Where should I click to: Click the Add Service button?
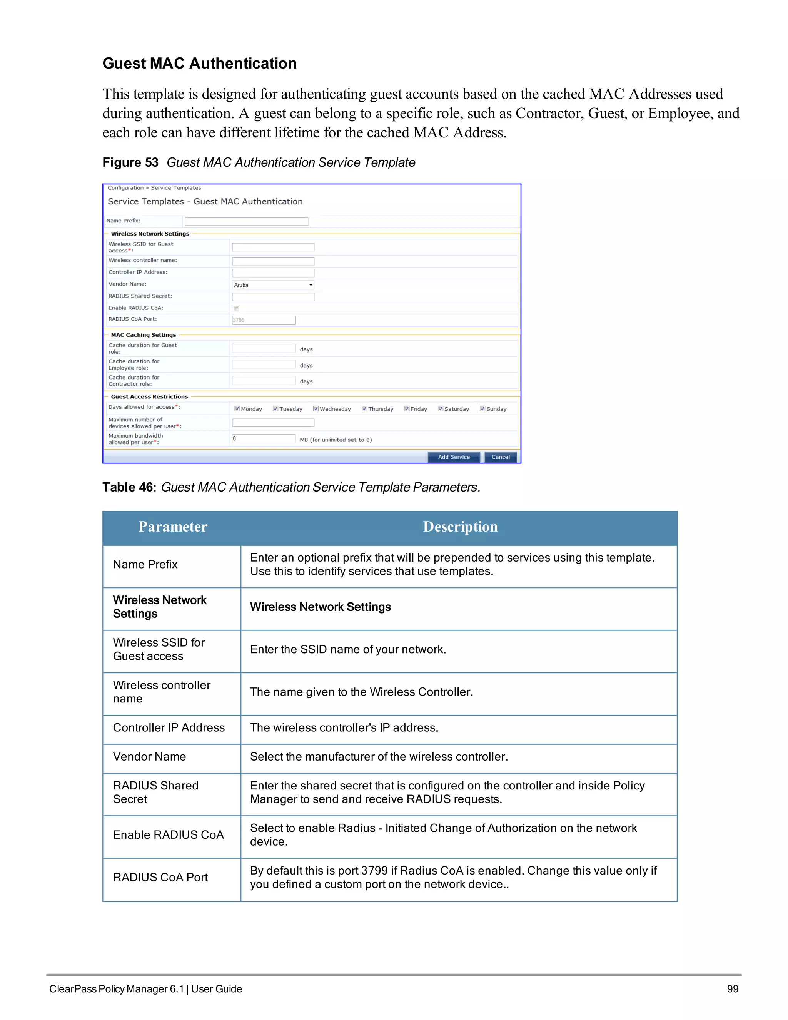pyautogui.click(x=453, y=457)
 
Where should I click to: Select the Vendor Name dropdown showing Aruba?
pyautogui.click(x=273, y=285)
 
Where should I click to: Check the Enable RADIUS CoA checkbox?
pyautogui.click(x=236, y=309)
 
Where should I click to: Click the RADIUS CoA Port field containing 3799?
pyautogui.click(x=264, y=320)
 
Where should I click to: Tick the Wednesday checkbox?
pyautogui.click(x=316, y=409)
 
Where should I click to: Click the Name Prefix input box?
pyautogui.click(x=246, y=221)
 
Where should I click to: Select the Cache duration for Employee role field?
pyautogui.click(x=264, y=364)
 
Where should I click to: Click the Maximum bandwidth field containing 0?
pyautogui.click(x=264, y=438)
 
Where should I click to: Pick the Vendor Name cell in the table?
pyautogui.click(x=149, y=757)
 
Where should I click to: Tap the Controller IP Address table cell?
pyautogui.click(x=169, y=727)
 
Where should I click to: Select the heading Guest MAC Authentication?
pyautogui.click(x=199, y=63)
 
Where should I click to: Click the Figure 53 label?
pyautogui.click(x=130, y=162)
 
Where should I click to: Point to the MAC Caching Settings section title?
pyautogui.click(x=143, y=335)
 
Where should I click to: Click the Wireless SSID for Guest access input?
pyautogui.click(x=273, y=247)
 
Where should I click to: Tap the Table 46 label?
pyautogui.click(x=129, y=487)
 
